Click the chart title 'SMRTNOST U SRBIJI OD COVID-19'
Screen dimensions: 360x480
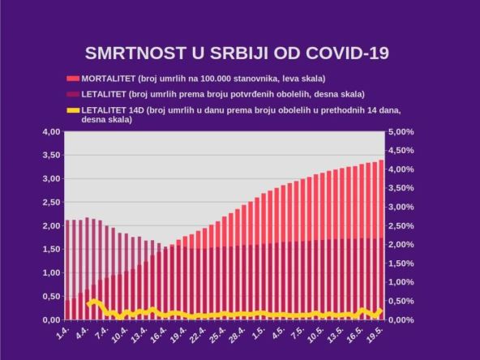pos(238,54)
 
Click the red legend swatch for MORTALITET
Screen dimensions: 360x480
pos(73,79)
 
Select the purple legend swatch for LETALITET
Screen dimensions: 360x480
pos(73,93)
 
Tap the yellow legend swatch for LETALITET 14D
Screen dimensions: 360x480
pos(73,109)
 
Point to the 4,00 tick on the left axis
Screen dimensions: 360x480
pos(50,131)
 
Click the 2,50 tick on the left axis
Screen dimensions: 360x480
pos(50,202)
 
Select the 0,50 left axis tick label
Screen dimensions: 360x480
pos(50,296)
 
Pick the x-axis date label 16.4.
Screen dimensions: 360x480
pos(160,334)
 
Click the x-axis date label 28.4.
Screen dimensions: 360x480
pos(238,334)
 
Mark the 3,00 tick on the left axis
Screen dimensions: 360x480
pos(50,178)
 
